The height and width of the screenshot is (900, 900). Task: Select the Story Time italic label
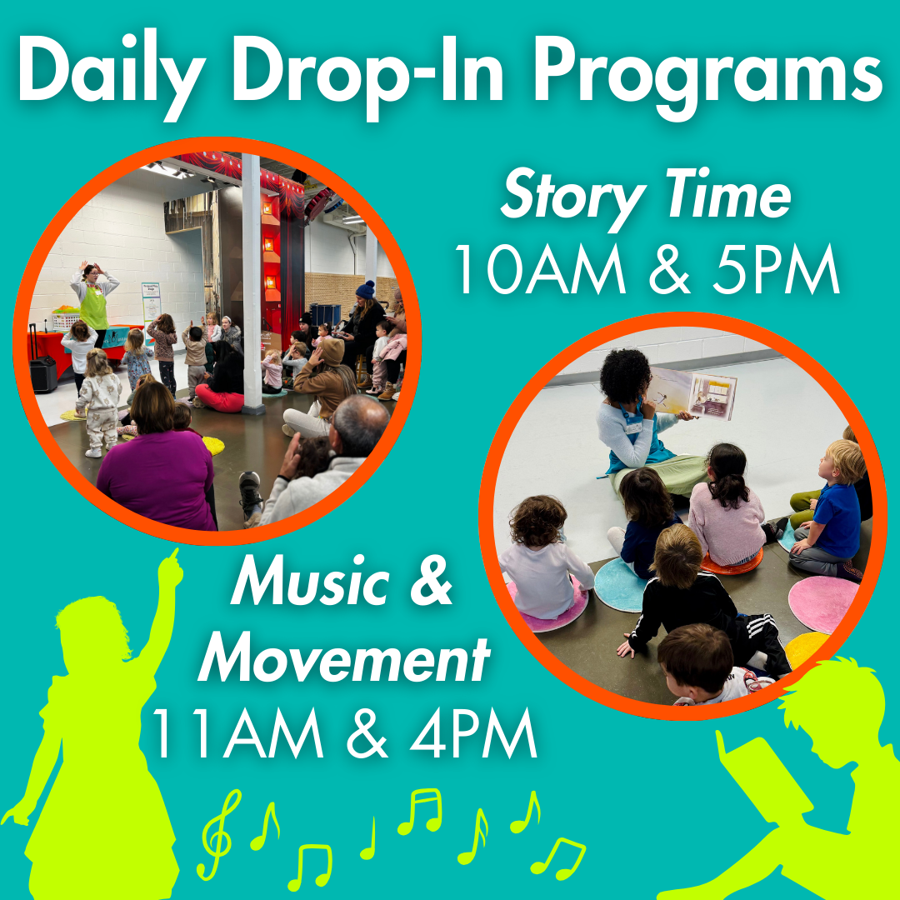pyautogui.click(x=645, y=197)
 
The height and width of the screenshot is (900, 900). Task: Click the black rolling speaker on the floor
pyautogui.click(x=42, y=367)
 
